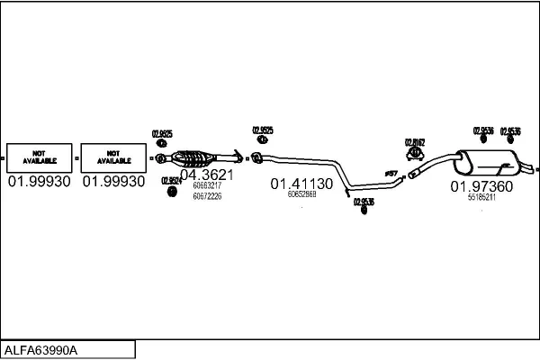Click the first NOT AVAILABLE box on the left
click(x=39, y=157)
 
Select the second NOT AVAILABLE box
click(x=113, y=157)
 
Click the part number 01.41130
click(x=301, y=184)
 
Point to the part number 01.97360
click(x=481, y=186)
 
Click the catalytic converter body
click(x=195, y=158)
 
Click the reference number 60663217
click(x=207, y=185)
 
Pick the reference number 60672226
click(x=207, y=195)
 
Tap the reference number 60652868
click(x=301, y=194)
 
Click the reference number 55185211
click(x=481, y=198)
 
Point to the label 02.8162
click(x=415, y=142)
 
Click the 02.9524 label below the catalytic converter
click(x=172, y=180)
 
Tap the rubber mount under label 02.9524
click(x=170, y=190)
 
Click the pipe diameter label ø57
click(x=391, y=173)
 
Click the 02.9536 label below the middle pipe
click(x=364, y=202)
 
